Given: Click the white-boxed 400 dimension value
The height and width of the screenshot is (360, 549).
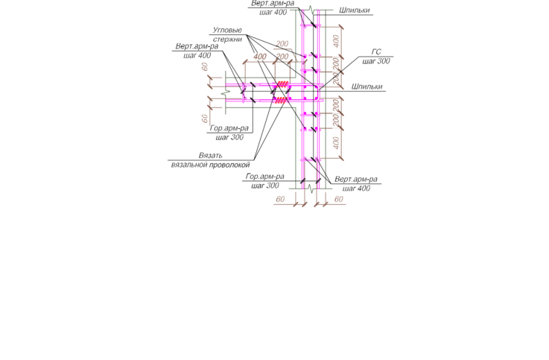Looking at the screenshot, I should (261, 56).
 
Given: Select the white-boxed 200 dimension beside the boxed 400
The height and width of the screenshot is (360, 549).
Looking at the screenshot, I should (282, 56).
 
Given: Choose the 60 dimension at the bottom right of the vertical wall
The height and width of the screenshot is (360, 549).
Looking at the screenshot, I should (339, 200).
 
